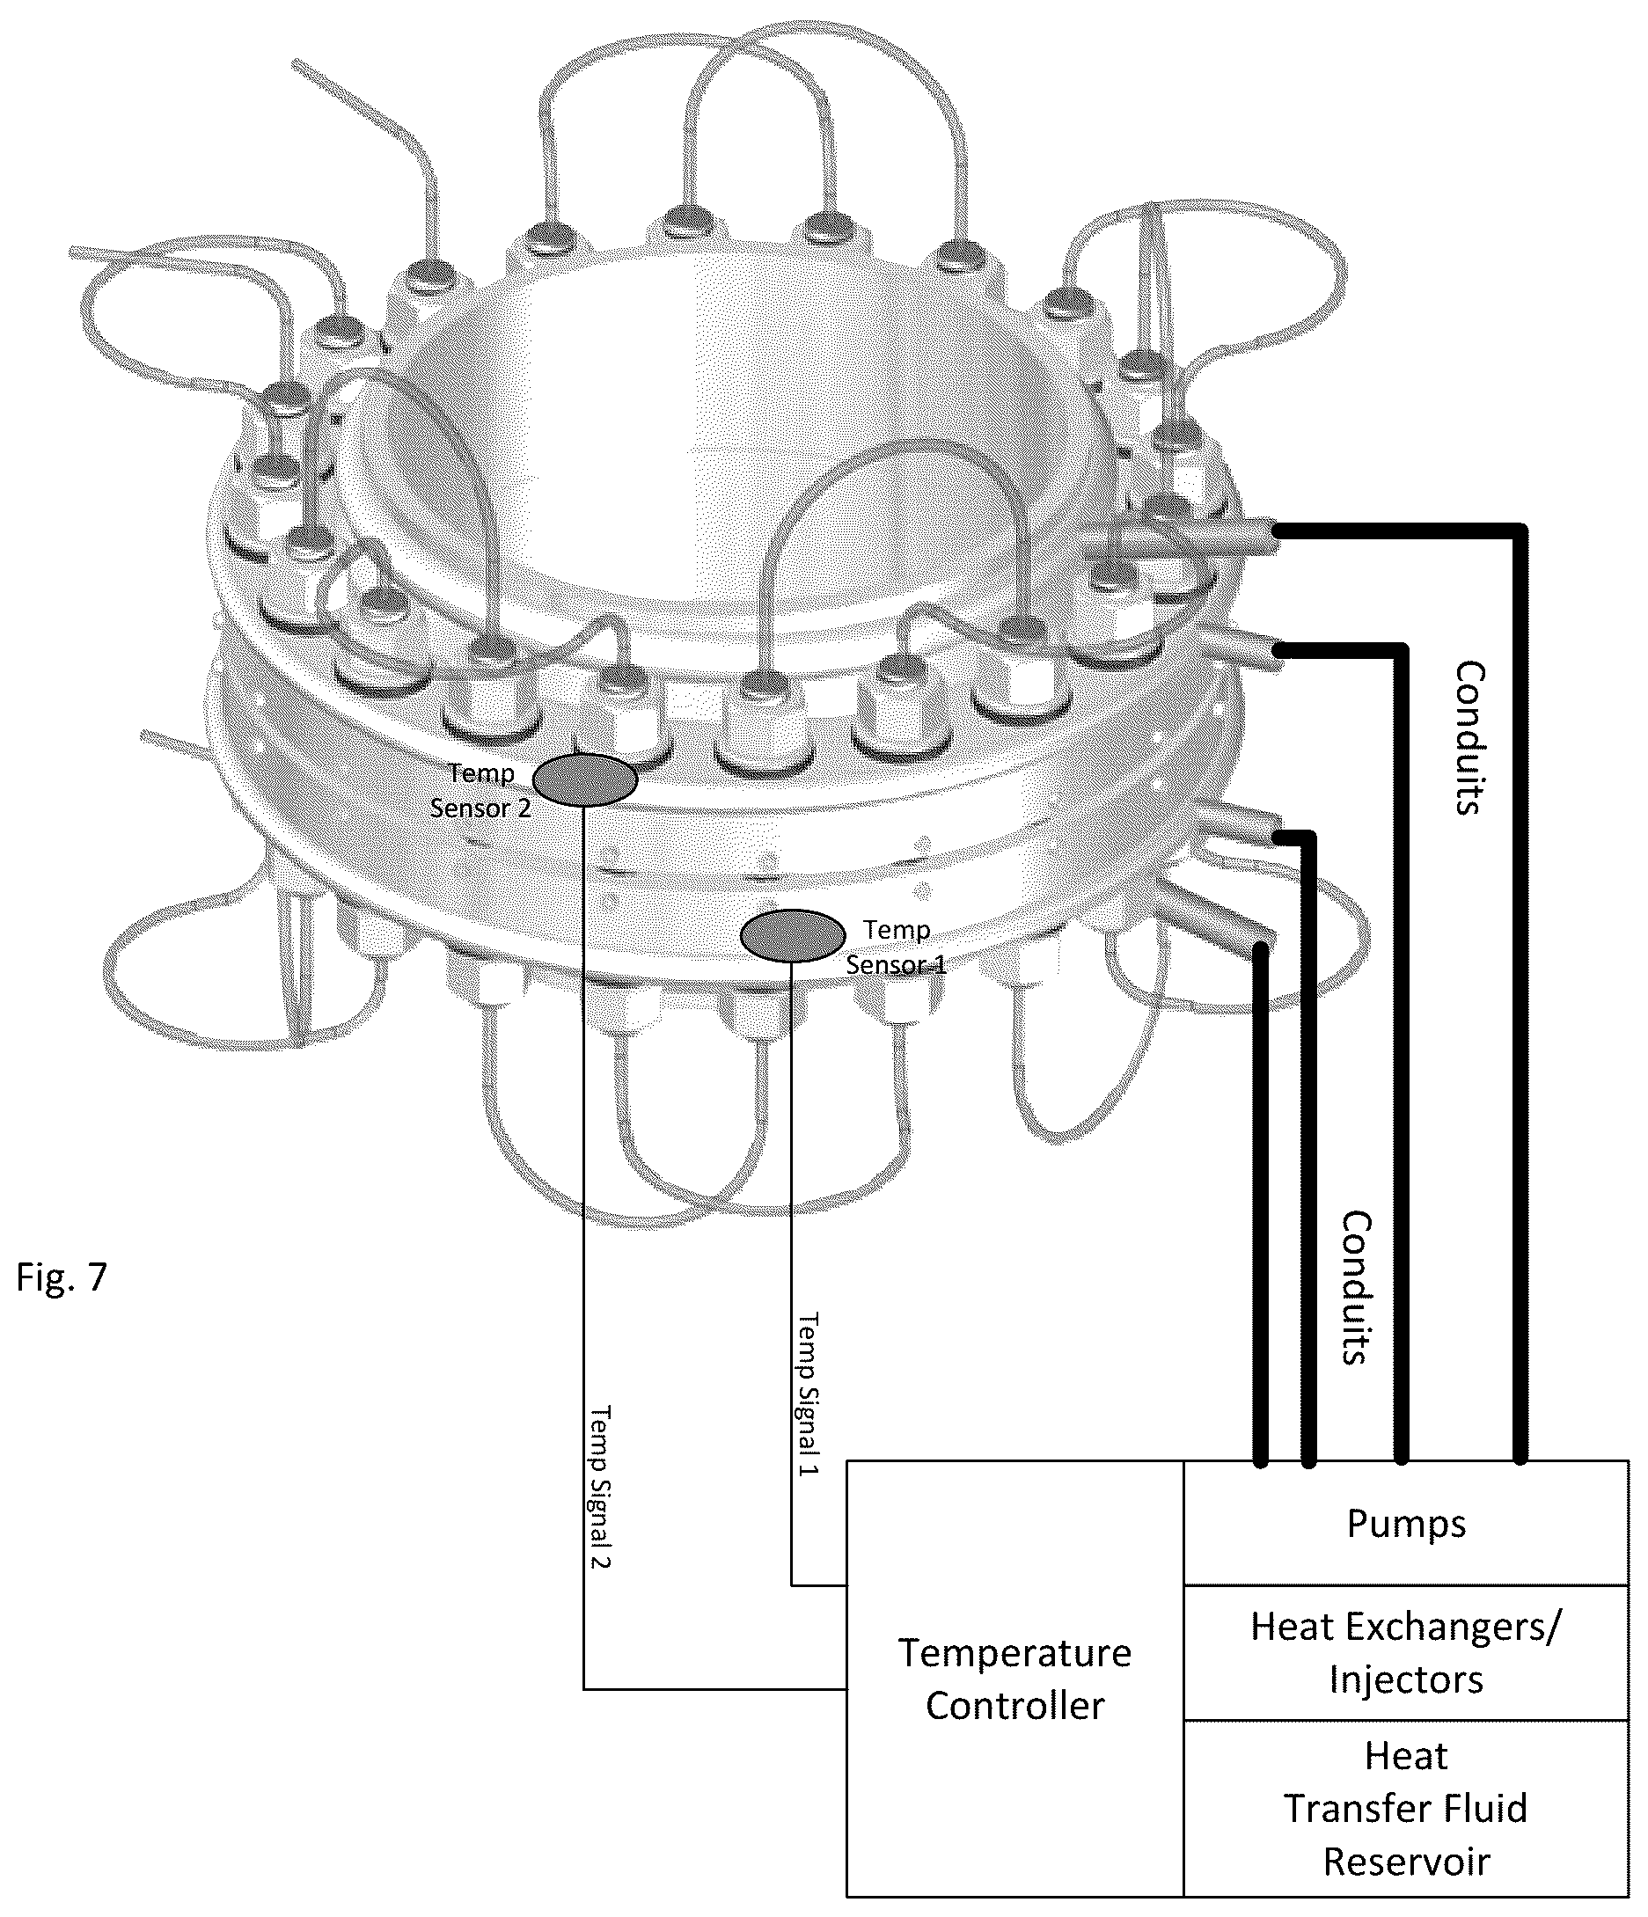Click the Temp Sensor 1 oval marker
click(793, 935)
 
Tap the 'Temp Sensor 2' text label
click(480, 790)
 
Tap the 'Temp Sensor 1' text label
click(896, 947)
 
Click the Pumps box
click(1405, 1523)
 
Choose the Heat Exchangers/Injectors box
click(1405, 1652)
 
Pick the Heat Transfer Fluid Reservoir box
click(1405, 1809)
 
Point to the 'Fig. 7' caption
click(62, 1277)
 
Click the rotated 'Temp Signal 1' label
click(809, 1394)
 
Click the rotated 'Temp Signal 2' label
click(602, 1487)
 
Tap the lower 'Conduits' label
click(1356, 1288)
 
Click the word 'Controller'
click(1015, 1706)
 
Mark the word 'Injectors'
click(1405, 1679)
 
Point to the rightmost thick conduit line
click(1520, 996)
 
